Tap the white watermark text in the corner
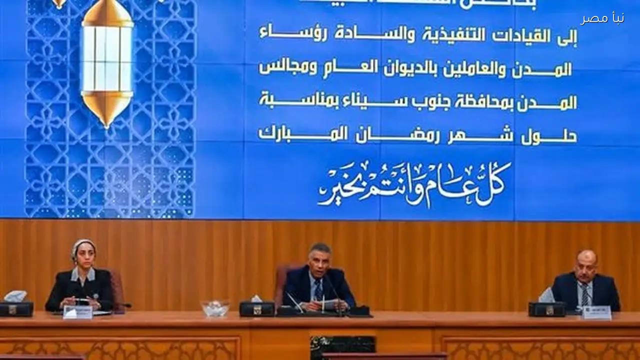602,18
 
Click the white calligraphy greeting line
415,183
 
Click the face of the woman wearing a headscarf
83,254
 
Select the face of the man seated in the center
319,259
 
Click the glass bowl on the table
215,308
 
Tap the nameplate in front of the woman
77,312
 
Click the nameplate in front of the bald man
596,312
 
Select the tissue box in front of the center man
256,306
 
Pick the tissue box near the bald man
546,306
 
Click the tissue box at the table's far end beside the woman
15,305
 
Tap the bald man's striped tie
584,294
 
